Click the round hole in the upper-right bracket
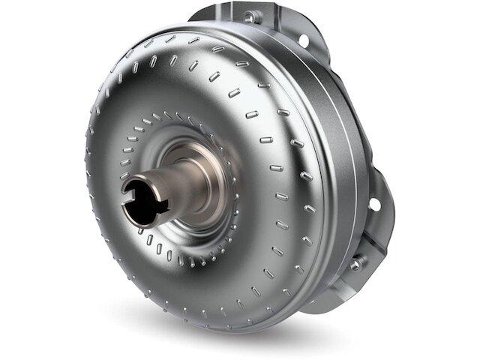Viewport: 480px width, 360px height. [x=303, y=40]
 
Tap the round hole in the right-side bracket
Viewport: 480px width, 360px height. [x=372, y=204]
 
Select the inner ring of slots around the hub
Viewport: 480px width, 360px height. [x=142, y=135]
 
